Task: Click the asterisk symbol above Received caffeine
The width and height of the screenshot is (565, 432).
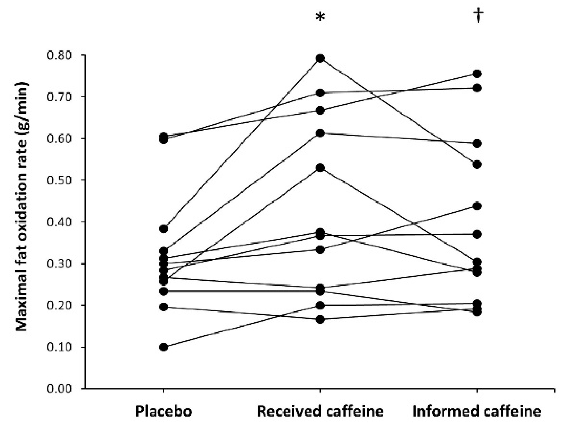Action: pos(320,16)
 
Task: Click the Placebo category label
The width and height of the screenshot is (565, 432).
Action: pos(164,411)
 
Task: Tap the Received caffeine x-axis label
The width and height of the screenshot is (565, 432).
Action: pos(320,411)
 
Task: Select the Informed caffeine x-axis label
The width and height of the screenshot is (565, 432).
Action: pos(477,411)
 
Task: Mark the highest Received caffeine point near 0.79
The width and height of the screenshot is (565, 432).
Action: pos(320,59)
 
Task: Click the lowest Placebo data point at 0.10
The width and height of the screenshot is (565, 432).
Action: pos(163,347)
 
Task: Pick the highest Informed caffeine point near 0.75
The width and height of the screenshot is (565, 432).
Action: pos(477,74)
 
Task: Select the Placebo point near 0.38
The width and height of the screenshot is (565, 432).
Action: pos(163,229)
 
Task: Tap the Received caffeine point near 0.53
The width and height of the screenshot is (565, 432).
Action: pos(320,168)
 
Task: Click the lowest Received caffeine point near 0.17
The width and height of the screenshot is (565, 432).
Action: pos(320,320)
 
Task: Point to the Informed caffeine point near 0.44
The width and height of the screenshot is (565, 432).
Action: pos(477,206)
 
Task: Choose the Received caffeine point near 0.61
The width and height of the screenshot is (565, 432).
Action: pos(320,133)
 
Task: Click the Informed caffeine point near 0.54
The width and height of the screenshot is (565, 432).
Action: pos(477,165)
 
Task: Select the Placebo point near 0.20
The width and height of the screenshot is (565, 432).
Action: pos(163,307)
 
